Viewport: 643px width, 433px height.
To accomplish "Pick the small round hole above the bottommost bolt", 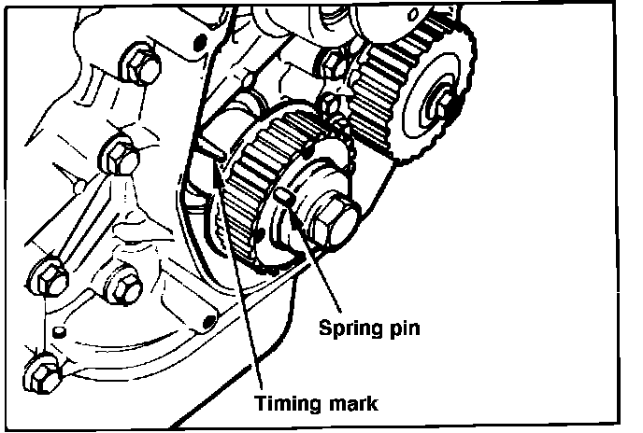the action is [57, 331].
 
